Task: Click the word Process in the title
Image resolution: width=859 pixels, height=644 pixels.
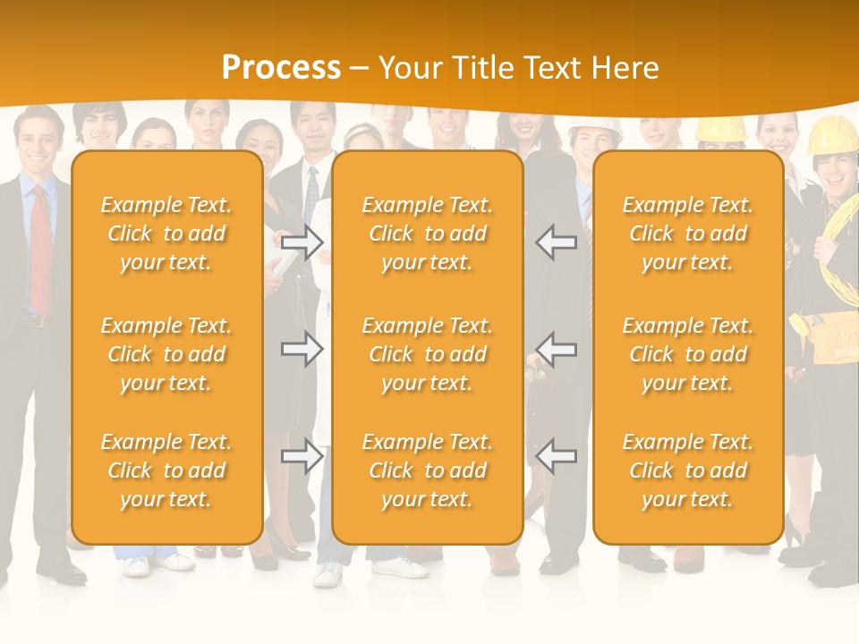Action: point(281,68)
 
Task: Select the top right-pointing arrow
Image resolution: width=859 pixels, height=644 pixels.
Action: point(302,241)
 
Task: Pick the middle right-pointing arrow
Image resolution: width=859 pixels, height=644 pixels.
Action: point(302,348)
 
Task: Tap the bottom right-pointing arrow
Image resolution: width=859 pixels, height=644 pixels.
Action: point(302,456)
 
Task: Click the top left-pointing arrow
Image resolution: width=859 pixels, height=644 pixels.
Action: point(556,241)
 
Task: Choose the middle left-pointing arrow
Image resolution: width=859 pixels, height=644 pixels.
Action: point(556,348)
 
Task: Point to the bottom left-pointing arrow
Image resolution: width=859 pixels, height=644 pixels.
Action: point(556,456)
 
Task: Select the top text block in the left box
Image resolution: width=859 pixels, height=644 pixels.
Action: point(166,233)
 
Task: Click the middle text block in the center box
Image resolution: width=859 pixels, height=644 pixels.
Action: point(427,354)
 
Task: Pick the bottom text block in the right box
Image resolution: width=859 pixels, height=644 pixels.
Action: point(688,470)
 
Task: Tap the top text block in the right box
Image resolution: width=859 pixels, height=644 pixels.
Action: point(688,233)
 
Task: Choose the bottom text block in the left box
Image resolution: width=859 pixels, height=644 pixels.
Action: point(166,470)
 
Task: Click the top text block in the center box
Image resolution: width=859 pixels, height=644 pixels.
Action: point(427,233)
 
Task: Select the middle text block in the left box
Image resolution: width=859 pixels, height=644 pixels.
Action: point(166,354)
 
